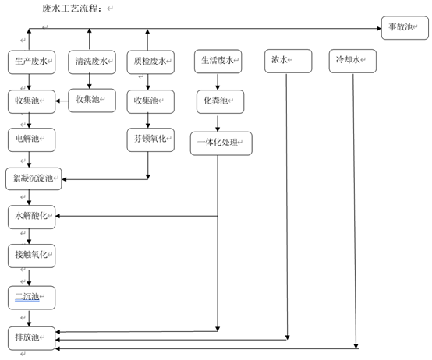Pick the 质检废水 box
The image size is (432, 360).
tap(148, 61)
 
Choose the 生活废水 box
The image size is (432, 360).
tap(217, 61)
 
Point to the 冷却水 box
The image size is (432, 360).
tap(354, 61)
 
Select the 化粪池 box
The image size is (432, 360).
tap(218, 101)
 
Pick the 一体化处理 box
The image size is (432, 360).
tap(221, 143)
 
